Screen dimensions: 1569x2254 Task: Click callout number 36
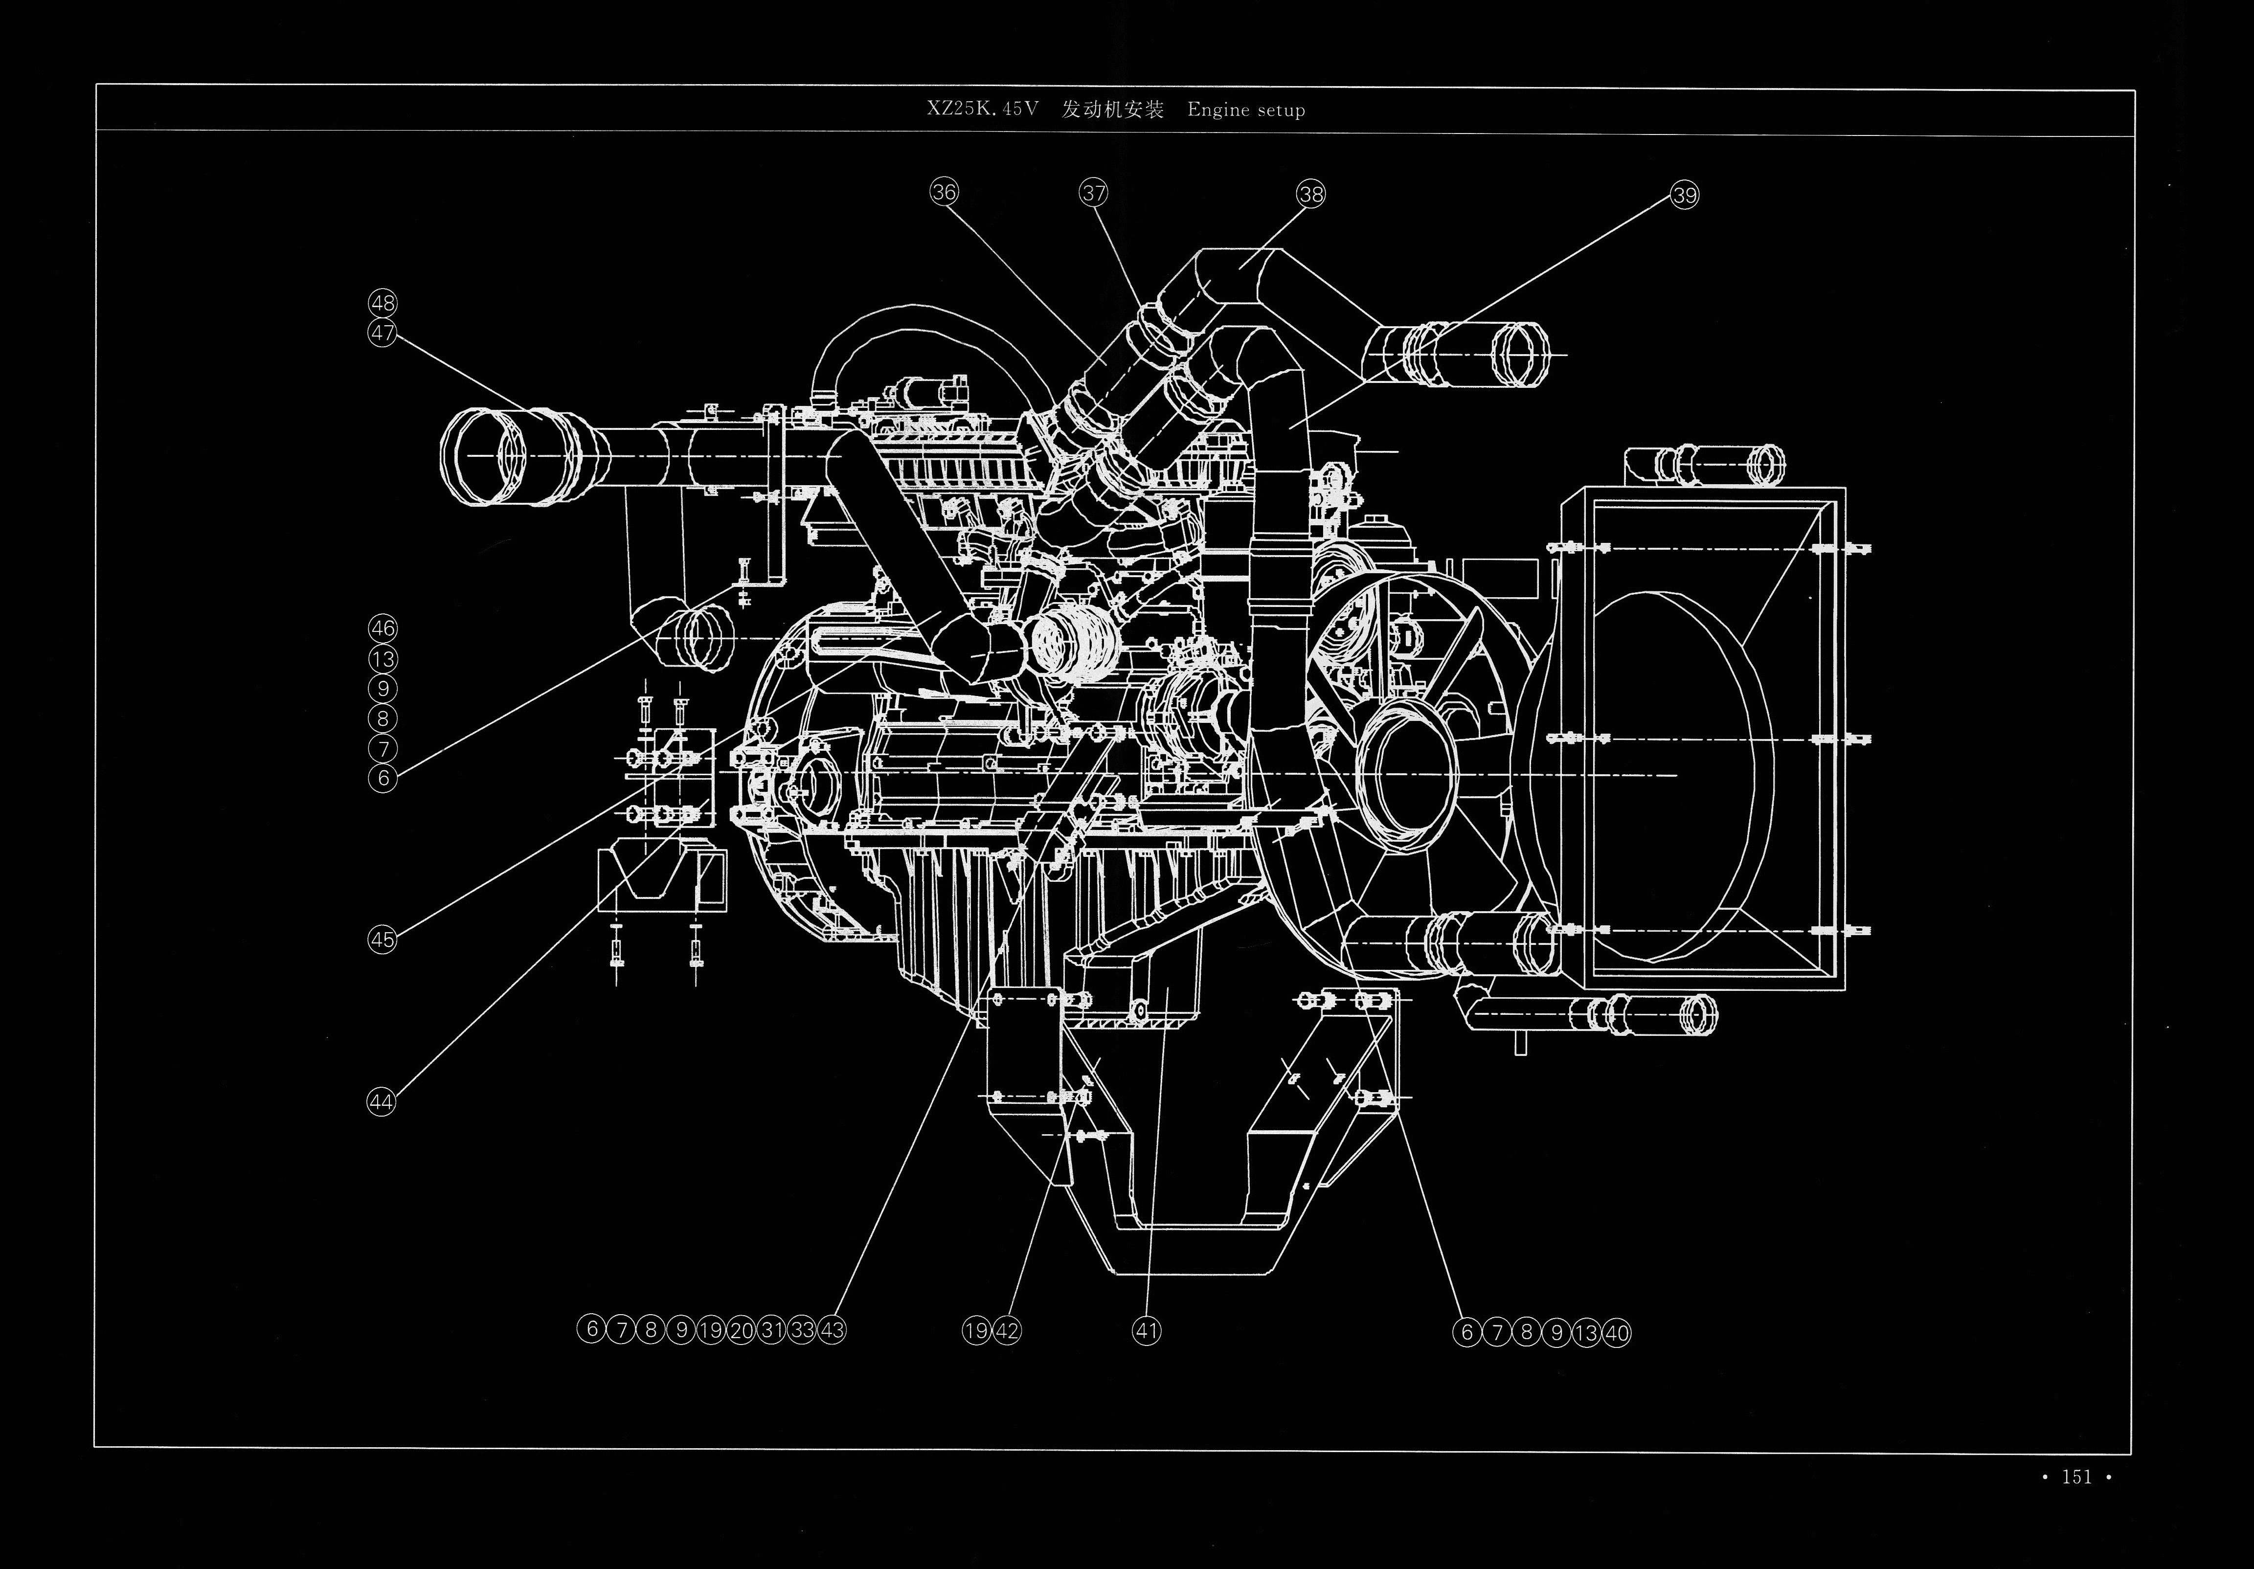944,192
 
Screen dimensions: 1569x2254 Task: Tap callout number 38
1310,194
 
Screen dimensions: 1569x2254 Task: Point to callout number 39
1685,195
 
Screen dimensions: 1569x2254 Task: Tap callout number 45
382,940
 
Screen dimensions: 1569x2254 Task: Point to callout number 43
833,1330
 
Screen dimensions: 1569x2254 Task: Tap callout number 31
771,1330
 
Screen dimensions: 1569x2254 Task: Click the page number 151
2076,1504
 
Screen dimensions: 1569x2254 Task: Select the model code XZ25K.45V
982,109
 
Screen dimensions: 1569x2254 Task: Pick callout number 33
802,1330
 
